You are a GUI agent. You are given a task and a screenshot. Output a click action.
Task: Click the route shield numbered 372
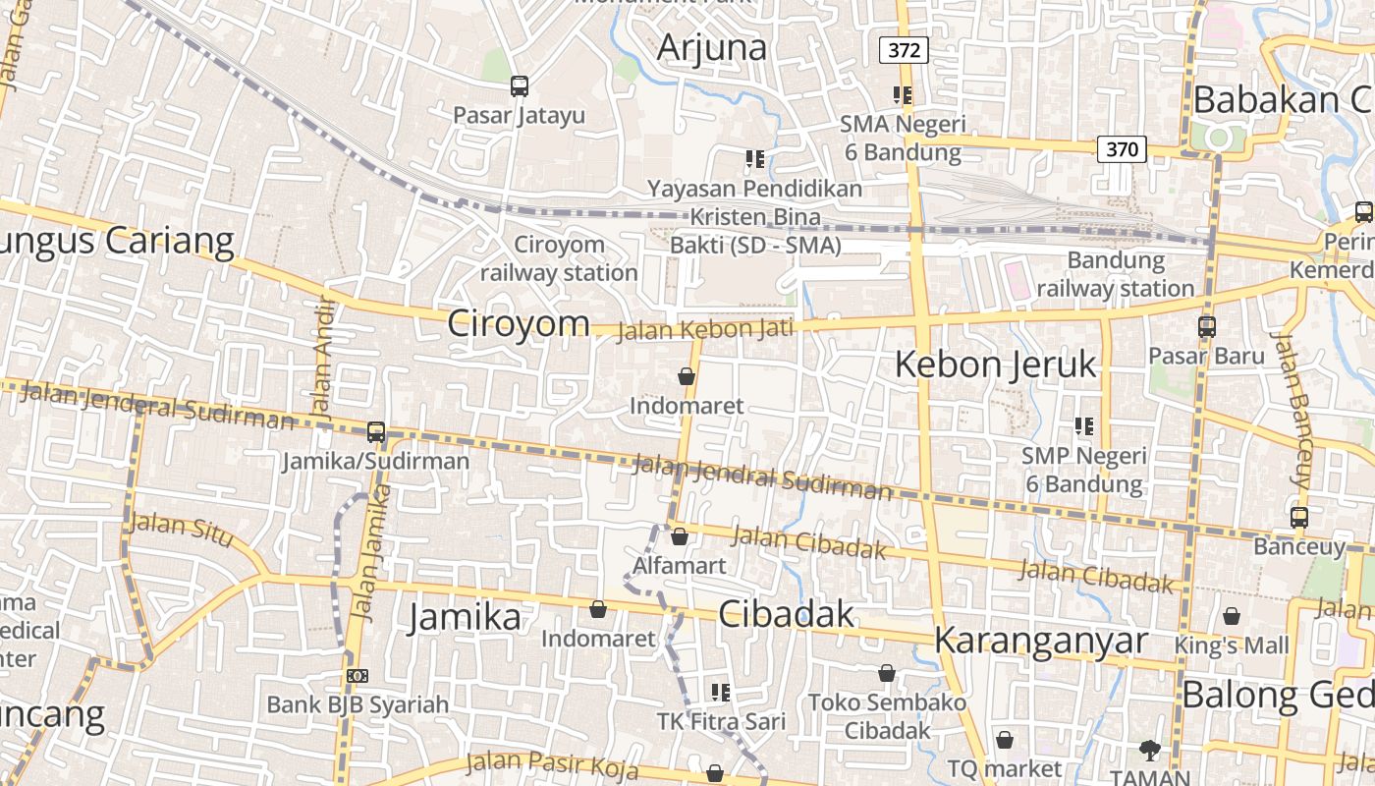pos(904,50)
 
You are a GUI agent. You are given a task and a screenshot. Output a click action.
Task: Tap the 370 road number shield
pos(1122,149)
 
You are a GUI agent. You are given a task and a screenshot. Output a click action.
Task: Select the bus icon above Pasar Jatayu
pos(520,86)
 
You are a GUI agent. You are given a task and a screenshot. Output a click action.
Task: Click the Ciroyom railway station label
pos(559,258)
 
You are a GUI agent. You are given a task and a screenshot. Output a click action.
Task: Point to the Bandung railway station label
pos(1116,274)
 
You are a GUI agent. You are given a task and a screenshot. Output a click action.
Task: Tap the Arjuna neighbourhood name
pos(711,46)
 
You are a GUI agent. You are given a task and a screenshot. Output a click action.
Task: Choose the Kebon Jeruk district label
pos(995,365)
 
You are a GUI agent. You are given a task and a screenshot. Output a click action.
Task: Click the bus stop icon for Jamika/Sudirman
pos(376,431)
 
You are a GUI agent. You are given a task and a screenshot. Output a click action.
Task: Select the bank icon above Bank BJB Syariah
pos(357,676)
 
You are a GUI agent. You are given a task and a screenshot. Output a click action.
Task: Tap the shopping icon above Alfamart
pos(680,536)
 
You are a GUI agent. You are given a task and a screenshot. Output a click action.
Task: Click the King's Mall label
pos(1232,646)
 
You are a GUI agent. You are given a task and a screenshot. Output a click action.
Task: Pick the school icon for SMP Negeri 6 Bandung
pos(1084,426)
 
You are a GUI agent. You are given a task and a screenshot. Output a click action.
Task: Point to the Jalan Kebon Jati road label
pos(704,329)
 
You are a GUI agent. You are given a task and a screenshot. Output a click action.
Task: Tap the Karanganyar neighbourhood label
pos(1040,641)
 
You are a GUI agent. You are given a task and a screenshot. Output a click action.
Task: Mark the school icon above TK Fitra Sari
pos(722,693)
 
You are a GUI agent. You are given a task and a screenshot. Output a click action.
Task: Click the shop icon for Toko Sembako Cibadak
pos(887,673)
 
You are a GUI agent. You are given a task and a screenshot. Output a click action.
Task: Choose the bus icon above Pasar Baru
pos(1207,327)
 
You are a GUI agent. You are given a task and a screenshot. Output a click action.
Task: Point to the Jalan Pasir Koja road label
pos(552,763)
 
